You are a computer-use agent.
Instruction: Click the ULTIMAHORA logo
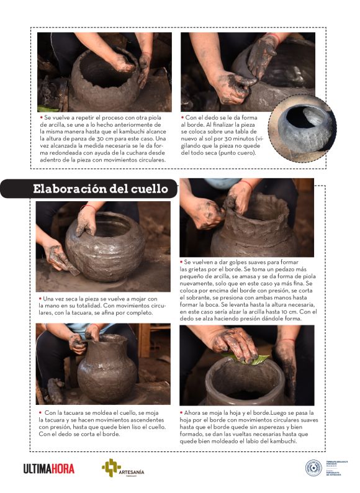48,469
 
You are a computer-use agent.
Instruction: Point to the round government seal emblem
313,468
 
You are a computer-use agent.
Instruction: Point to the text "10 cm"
282,312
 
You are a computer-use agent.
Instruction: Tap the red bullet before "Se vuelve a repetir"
40,116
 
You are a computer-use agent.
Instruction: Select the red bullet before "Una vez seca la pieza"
40,299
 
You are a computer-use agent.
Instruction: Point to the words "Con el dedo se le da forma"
223,116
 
